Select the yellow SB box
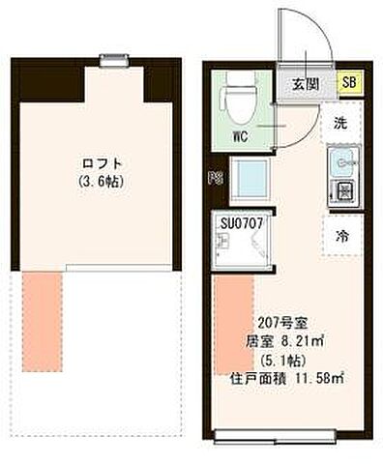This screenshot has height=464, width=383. tap(348, 82)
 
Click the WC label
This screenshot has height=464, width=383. tap(240, 136)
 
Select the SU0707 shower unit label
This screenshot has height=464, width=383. tap(243, 223)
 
